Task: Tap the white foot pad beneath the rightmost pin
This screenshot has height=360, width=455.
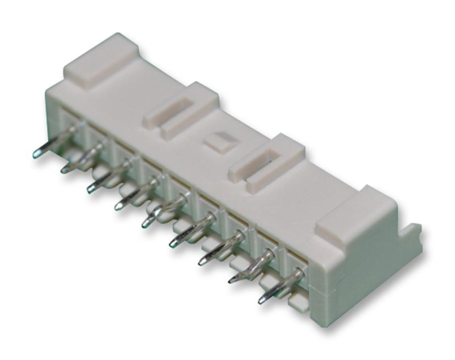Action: click(297, 301)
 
